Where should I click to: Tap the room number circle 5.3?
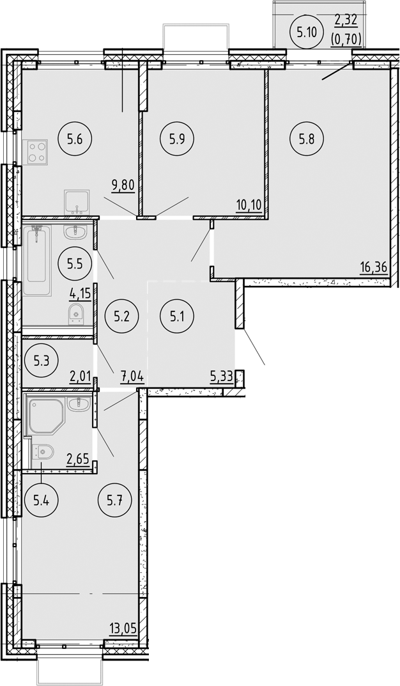tap(42, 360)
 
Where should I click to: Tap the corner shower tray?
tap(46, 415)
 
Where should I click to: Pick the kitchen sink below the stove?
tap(77, 201)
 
